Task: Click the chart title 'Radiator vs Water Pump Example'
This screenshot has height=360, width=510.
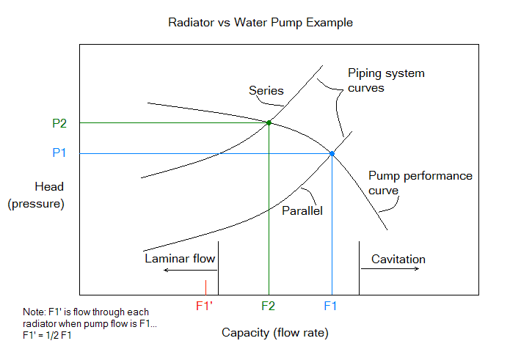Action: (x=261, y=23)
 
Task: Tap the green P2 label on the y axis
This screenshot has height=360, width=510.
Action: (x=59, y=123)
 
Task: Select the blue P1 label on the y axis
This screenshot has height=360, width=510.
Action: (x=59, y=153)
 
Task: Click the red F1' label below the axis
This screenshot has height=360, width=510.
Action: (x=205, y=305)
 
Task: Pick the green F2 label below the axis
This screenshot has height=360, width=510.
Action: (x=269, y=305)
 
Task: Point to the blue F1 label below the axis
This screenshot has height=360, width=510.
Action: (x=331, y=305)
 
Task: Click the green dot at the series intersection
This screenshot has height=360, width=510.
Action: (x=269, y=122)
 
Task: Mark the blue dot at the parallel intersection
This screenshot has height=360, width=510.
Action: (x=332, y=153)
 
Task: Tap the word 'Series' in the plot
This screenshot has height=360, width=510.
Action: (x=266, y=91)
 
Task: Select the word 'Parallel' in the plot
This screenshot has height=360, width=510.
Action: (x=303, y=210)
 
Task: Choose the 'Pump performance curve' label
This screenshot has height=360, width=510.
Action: (x=420, y=183)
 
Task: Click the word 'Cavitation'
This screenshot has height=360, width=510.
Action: (x=398, y=260)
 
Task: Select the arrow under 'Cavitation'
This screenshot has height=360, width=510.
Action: (x=391, y=269)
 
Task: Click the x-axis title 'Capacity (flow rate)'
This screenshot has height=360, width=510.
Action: (x=274, y=333)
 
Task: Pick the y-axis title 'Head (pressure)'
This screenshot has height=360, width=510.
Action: (x=36, y=195)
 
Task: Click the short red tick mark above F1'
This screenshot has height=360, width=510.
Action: (x=205, y=287)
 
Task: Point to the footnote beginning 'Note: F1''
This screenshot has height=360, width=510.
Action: (x=90, y=323)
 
